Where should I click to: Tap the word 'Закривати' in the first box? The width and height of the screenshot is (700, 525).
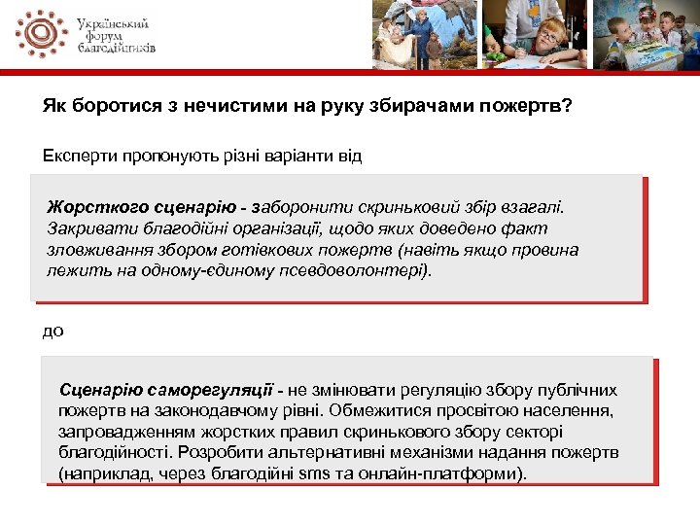pos(87,228)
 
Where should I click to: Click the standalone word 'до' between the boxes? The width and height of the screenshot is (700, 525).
pos(53,331)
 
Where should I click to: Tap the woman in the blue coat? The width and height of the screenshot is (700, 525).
pos(424,34)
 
